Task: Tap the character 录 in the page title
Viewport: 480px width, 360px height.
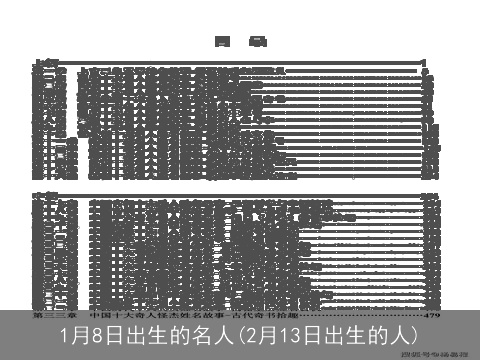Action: [x=258, y=42]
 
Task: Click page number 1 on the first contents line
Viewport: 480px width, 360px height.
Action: [x=424, y=63]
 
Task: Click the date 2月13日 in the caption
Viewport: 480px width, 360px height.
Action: [x=291, y=335]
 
